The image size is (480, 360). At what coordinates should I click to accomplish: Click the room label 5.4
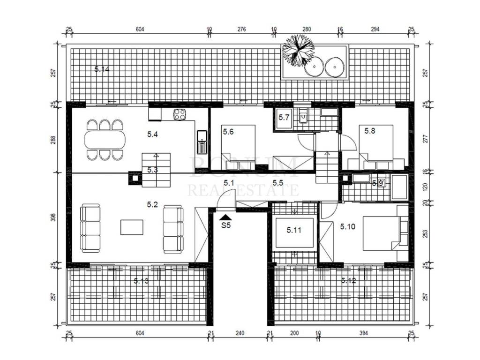click(x=152, y=135)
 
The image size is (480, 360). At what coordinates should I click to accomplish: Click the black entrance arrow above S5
click(x=226, y=216)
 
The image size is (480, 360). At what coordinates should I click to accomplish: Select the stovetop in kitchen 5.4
click(x=179, y=114)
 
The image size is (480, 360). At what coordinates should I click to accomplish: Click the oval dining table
click(x=105, y=140)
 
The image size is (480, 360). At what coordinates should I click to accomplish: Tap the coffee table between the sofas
click(x=132, y=227)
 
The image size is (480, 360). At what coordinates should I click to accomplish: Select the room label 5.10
click(x=348, y=226)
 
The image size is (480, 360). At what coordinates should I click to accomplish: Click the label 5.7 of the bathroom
click(x=284, y=117)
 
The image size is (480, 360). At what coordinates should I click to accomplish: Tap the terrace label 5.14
click(x=102, y=69)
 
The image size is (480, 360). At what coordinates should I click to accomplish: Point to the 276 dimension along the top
click(x=242, y=29)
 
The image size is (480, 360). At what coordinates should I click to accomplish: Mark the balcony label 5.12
click(x=349, y=281)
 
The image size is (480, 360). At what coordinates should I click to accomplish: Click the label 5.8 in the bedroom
click(x=369, y=131)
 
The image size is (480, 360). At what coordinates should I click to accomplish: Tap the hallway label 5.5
click(x=277, y=182)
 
